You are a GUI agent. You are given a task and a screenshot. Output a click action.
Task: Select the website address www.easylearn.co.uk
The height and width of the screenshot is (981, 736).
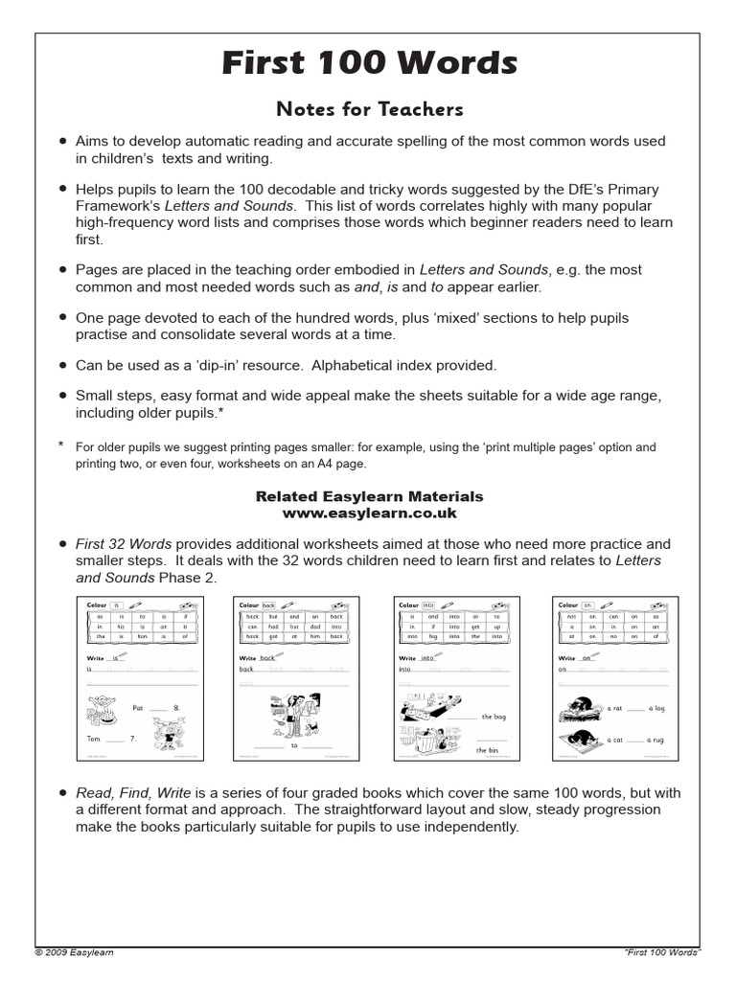369,513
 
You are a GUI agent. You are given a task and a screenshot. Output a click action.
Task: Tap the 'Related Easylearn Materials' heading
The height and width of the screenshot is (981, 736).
369,496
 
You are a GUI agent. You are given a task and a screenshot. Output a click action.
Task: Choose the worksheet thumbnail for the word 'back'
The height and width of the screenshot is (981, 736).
296,678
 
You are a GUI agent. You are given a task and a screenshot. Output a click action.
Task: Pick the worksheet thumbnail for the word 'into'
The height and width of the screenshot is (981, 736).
456,678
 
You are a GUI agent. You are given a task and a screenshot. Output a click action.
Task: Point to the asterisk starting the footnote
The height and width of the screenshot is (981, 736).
61,445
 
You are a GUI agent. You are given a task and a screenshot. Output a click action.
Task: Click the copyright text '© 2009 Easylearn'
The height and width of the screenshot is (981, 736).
74,952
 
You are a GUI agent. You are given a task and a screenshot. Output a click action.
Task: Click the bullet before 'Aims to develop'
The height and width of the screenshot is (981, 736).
63,141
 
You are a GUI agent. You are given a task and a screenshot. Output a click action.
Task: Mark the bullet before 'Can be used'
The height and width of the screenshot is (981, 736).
63,365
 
